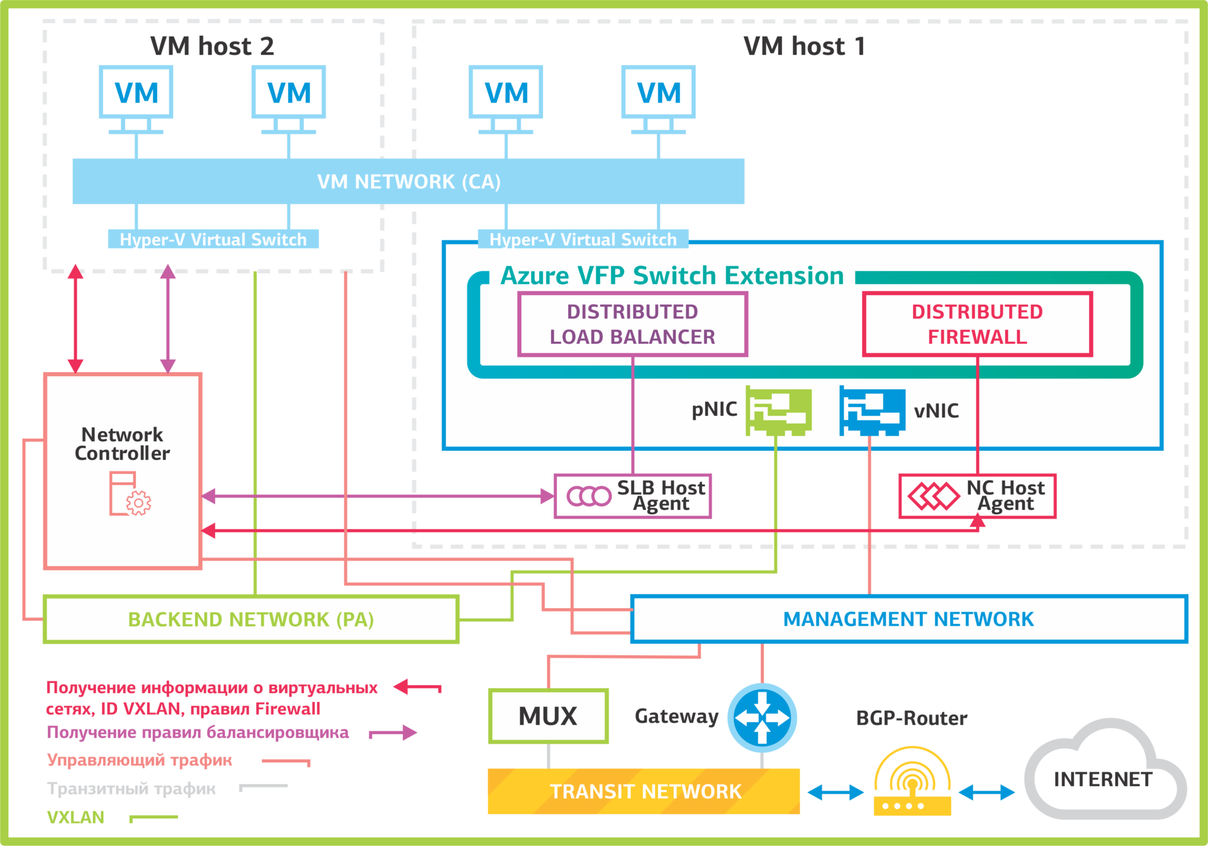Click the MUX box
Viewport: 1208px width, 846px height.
coord(548,716)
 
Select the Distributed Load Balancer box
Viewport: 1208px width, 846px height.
coord(632,324)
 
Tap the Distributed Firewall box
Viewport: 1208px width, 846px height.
coord(977,324)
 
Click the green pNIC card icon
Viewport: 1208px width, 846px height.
coord(778,410)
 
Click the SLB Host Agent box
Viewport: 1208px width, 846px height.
coord(632,496)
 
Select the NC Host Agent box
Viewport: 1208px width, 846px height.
coord(977,496)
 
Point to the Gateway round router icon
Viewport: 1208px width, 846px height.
coord(762,718)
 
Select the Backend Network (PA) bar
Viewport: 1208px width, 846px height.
coord(251,619)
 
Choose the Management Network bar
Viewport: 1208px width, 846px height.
coord(908,619)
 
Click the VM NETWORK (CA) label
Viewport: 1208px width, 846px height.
coord(408,182)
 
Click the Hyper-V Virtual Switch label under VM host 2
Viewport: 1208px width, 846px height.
coord(213,239)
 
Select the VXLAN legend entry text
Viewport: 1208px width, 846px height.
coord(75,817)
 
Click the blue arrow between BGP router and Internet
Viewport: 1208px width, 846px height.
coord(987,792)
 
